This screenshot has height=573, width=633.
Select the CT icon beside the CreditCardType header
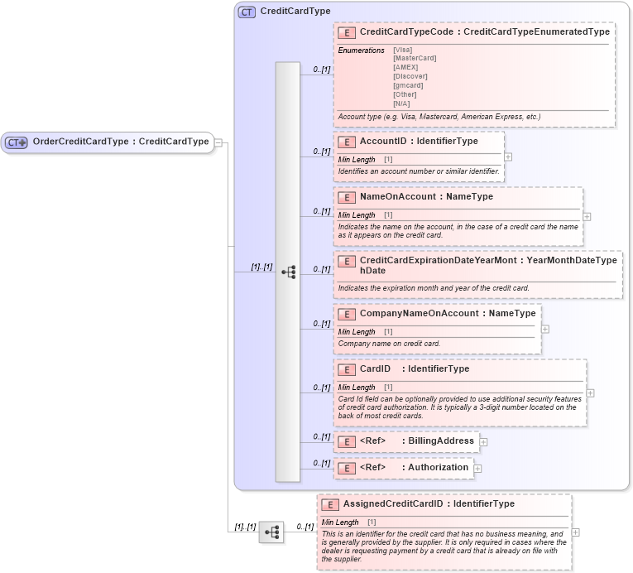(x=247, y=12)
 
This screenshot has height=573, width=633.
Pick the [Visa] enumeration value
(x=403, y=50)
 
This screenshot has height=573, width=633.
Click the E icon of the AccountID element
(x=347, y=142)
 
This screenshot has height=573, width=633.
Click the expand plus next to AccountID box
(x=508, y=156)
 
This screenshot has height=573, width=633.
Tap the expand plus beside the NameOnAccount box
(x=587, y=216)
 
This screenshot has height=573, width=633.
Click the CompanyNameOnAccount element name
(x=419, y=314)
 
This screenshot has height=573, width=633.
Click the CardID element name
(x=375, y=368)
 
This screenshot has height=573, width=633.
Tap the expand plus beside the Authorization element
(x=477, y=468)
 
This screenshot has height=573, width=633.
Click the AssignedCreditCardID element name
(x=393, y=503)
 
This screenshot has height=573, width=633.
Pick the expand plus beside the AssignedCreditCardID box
(x=575, y=532)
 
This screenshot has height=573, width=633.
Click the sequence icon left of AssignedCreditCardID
(x=271, y=532)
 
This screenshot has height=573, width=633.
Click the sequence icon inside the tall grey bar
(x=288, y=272)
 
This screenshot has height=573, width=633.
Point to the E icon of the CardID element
(x=347, y=369)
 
